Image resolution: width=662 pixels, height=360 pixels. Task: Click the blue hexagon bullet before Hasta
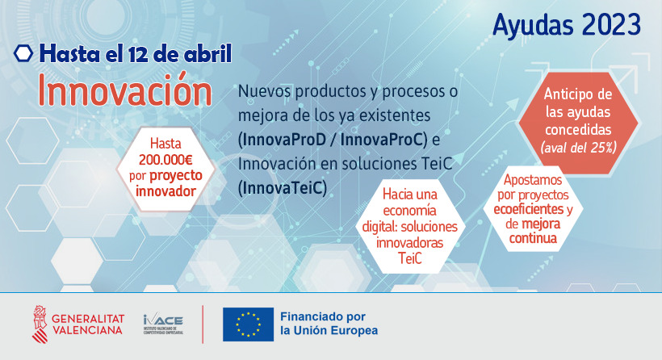point(23,53)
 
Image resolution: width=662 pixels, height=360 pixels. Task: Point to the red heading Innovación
point(125,90)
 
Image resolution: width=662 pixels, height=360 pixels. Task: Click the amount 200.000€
point(165,160)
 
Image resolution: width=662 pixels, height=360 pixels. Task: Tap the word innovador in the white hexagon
point(165,191)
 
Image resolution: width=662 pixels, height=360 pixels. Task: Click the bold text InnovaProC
point(382,140)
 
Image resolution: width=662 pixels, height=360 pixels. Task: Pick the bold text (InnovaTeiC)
point(283,188)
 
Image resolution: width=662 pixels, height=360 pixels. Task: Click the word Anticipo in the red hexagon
point(566,94)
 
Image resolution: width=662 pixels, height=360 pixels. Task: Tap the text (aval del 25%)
point(578,148)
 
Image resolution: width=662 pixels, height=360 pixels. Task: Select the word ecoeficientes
point(529,209)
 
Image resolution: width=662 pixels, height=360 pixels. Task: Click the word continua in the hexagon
point(533,238)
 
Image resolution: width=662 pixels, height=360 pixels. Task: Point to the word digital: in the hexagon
point(379,227)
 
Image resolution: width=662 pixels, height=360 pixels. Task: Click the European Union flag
point(249,324)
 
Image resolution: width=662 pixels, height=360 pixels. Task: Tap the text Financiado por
point(323,316)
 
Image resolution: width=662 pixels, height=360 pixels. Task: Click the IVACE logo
point(163,324)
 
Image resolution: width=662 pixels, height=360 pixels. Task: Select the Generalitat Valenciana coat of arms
point(40,324)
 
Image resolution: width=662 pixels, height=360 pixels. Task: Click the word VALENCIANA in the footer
point(87,330)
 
